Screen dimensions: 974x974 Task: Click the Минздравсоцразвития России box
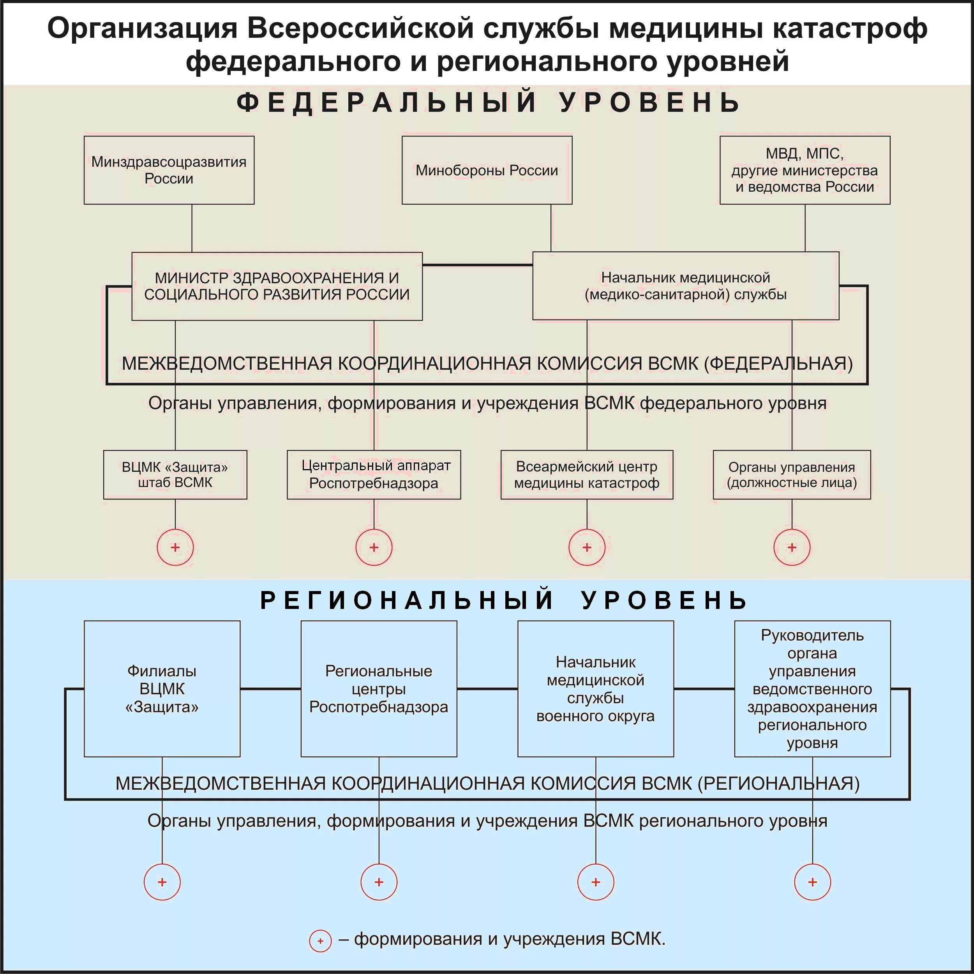(169, 170)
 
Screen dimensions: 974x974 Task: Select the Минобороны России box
(487, 170)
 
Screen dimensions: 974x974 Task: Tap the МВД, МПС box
(805, 170)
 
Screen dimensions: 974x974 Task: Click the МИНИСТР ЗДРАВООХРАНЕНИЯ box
(277, 286)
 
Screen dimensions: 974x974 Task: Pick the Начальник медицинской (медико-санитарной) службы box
(686, 286)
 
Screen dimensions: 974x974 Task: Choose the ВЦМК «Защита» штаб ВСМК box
(175, 475)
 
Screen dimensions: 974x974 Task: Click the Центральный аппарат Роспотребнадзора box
(374, 475)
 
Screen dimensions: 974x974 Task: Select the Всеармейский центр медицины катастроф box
(586, 475)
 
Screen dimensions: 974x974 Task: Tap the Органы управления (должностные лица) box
(792, 475)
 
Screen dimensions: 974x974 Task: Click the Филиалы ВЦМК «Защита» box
(162, 689)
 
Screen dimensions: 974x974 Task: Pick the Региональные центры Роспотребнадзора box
(379, 689)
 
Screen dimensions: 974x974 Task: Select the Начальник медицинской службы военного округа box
(595, 689)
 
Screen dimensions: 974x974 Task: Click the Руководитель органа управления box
(812, 689)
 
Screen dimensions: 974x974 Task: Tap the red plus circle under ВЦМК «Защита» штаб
(175, 547)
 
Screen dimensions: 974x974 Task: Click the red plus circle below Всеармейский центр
(587, 547)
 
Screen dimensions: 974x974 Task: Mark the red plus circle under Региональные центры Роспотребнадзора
(379, 882)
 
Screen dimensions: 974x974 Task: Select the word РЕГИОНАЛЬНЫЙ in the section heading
(406, 600)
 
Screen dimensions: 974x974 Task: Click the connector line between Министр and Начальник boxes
(477, 265)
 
